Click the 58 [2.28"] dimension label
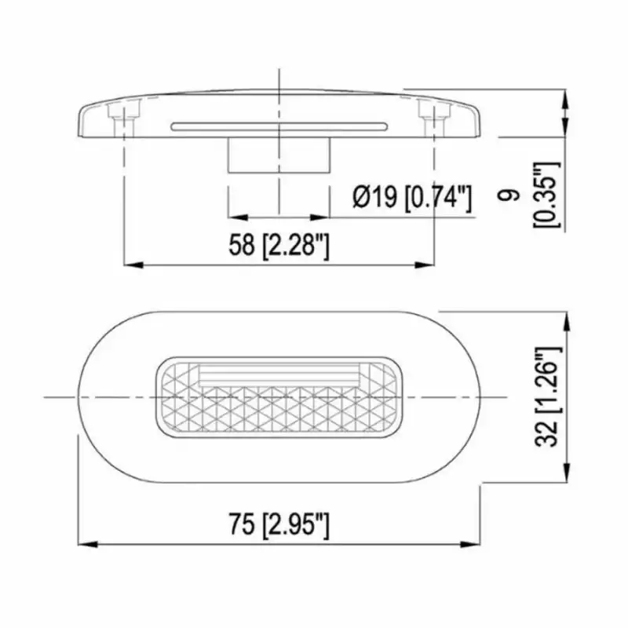click(279, 246)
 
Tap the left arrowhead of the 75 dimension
click(85, 543)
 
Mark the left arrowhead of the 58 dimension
click(132, 265)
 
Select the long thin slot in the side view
click(279, 126)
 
